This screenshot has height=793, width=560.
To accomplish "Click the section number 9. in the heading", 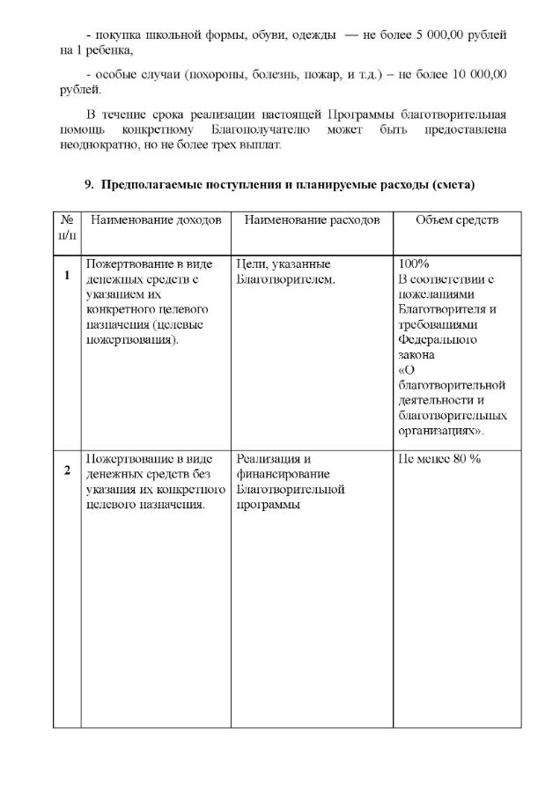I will coord(89,184).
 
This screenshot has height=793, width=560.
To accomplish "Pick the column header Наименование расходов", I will coord(312,219).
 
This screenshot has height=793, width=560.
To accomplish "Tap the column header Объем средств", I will coord(457,219).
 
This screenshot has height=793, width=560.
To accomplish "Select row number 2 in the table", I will coord(67,470).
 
